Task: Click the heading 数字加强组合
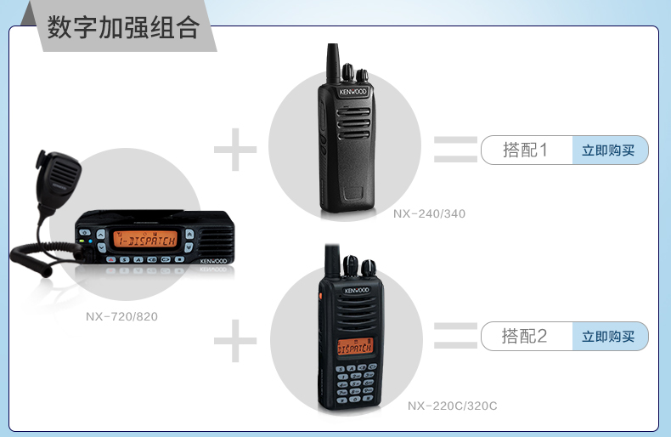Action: [123, 27]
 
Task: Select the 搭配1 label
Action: [525, 150]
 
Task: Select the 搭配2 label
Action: [524, 337]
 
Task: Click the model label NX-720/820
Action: [121, 316]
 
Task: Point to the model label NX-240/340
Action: [429, 213]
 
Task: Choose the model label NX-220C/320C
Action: [453, 406]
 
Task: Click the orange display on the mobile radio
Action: [145, 239]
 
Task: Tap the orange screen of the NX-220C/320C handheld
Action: [355, 347]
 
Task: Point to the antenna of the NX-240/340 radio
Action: [333, 63]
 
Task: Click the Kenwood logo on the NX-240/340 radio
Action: [352, 92]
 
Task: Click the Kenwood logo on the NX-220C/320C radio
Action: [357, 290]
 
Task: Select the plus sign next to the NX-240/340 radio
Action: [235, 150]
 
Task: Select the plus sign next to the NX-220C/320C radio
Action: [235, 341]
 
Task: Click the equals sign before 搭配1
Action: [455, 150]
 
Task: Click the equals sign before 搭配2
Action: [455, 336]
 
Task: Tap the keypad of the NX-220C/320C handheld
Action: [356, 383]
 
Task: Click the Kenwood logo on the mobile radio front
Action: [213, 261]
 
